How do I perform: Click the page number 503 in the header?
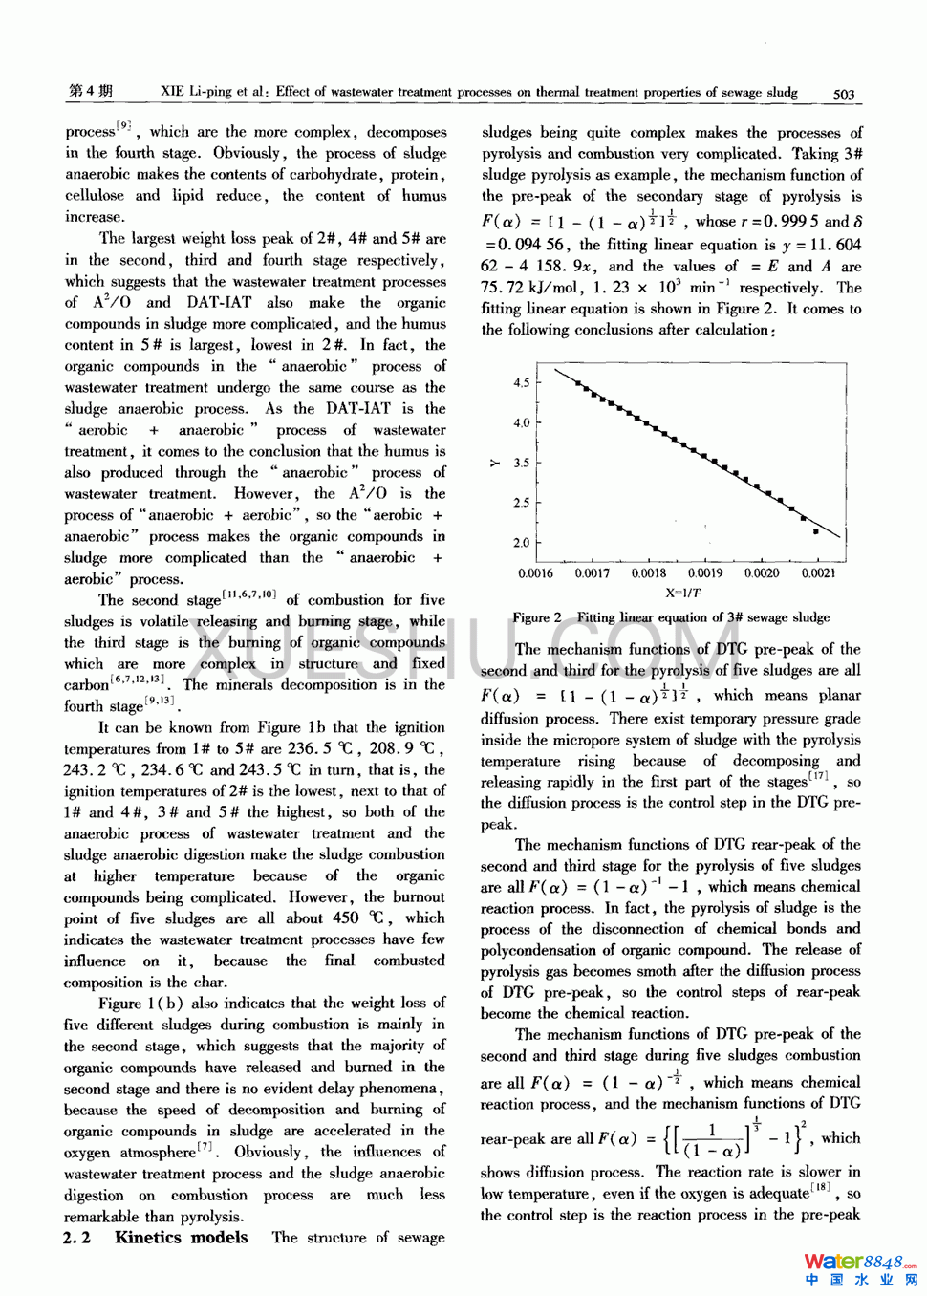click(843, 94)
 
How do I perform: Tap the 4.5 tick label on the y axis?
click(521, 382)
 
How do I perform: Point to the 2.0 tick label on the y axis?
click(521, 542)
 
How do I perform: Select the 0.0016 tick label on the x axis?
click(535, 573)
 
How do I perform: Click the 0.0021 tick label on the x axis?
click(817, 573)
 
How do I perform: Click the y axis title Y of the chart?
click(494, 463)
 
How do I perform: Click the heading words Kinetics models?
click(181, 1237)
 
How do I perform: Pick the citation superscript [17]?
click(818, 777)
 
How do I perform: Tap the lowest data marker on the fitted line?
click(815, 531)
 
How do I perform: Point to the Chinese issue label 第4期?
click(90, 91)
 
